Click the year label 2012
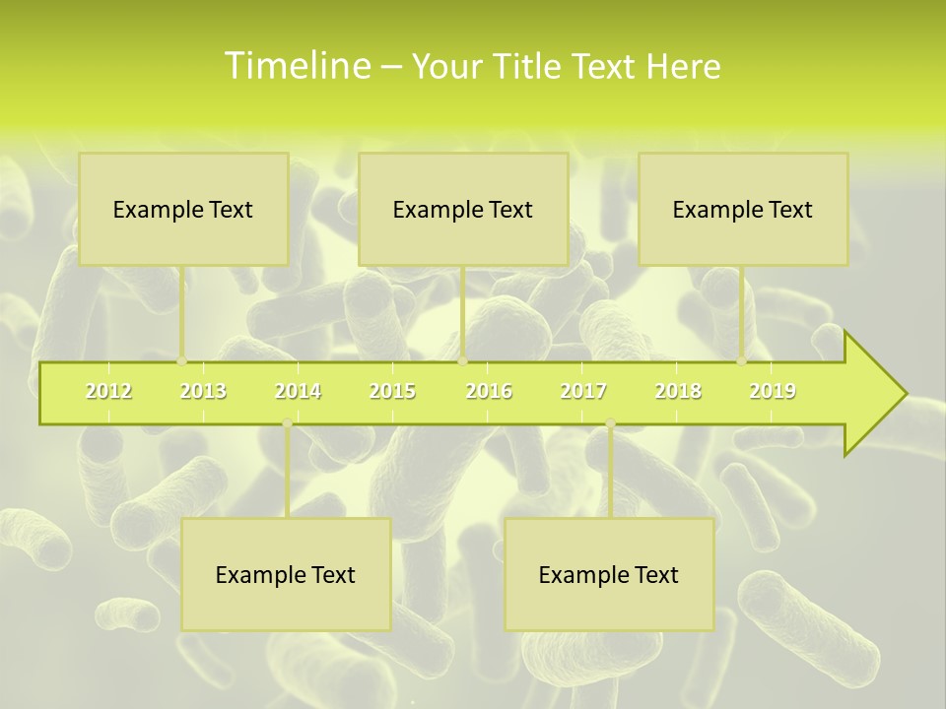click(x=108, y=392)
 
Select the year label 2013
click(x=203, y=392)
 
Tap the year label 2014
click(x=298, y=392)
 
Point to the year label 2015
click(x=392, y=392)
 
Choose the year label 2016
click(x=489, y=392)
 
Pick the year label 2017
click(x=583, y=392)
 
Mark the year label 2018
click(x=678, y=392)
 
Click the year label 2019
click(x=773, y=392)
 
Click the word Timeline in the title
click(x=297, y=66)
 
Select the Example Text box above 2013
click(x=183, y=209)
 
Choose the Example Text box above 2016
click(x=463, y=209)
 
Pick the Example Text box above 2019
click(x=743, y=209)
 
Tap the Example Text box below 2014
click(x=286, y=574)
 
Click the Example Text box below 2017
click(x=609, y=574)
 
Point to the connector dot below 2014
click(x=287, y=423)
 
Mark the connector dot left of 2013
click(x=182, y=361)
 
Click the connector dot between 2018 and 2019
click(x=742, y=361)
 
